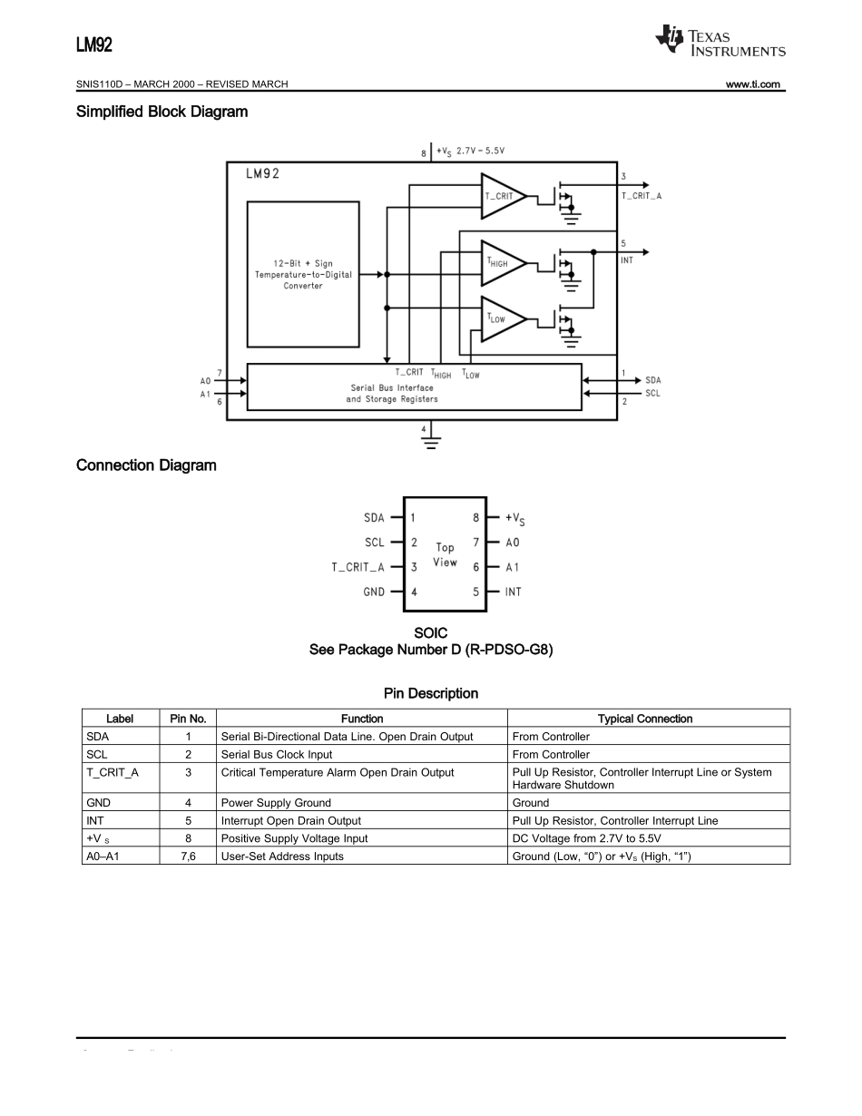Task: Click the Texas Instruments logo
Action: [x=720, y=41]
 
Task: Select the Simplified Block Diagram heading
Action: [x=162, y=112]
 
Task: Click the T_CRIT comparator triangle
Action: [x=501, y=196]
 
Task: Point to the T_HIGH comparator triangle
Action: [x=501, y=263]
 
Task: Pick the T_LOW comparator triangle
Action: [x=501, y=318]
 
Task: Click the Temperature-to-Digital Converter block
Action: [x=302, y=274]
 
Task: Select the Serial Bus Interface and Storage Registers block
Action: [x=414, y=387]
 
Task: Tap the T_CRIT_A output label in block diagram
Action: [x=641, y=195]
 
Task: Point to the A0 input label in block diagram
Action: [x=205, y=381]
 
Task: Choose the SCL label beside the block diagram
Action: [x=652, y=393]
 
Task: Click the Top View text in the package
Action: [x=445, y=554]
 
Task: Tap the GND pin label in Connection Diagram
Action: [x=374, y=592]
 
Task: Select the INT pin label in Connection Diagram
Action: [x=514, y=592]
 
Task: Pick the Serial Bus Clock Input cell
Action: [x=277, y=754]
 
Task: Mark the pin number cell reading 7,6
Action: [x=188, y=856]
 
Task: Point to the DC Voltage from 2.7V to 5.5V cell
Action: [x=586, y=838]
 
